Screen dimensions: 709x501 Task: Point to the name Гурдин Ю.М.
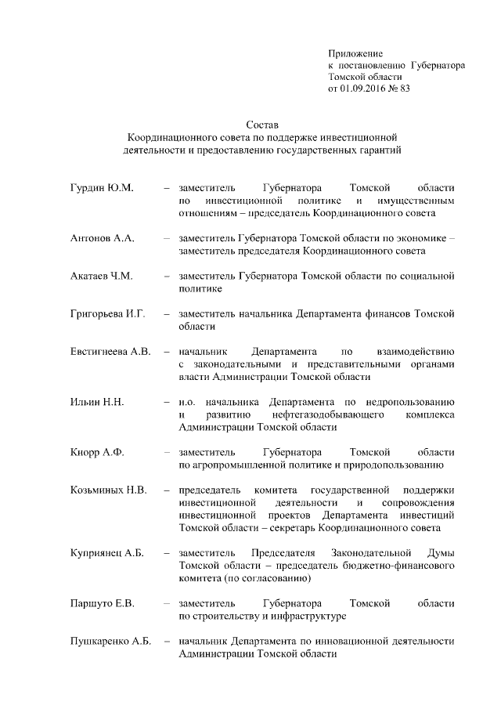click(x=102, y=189)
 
